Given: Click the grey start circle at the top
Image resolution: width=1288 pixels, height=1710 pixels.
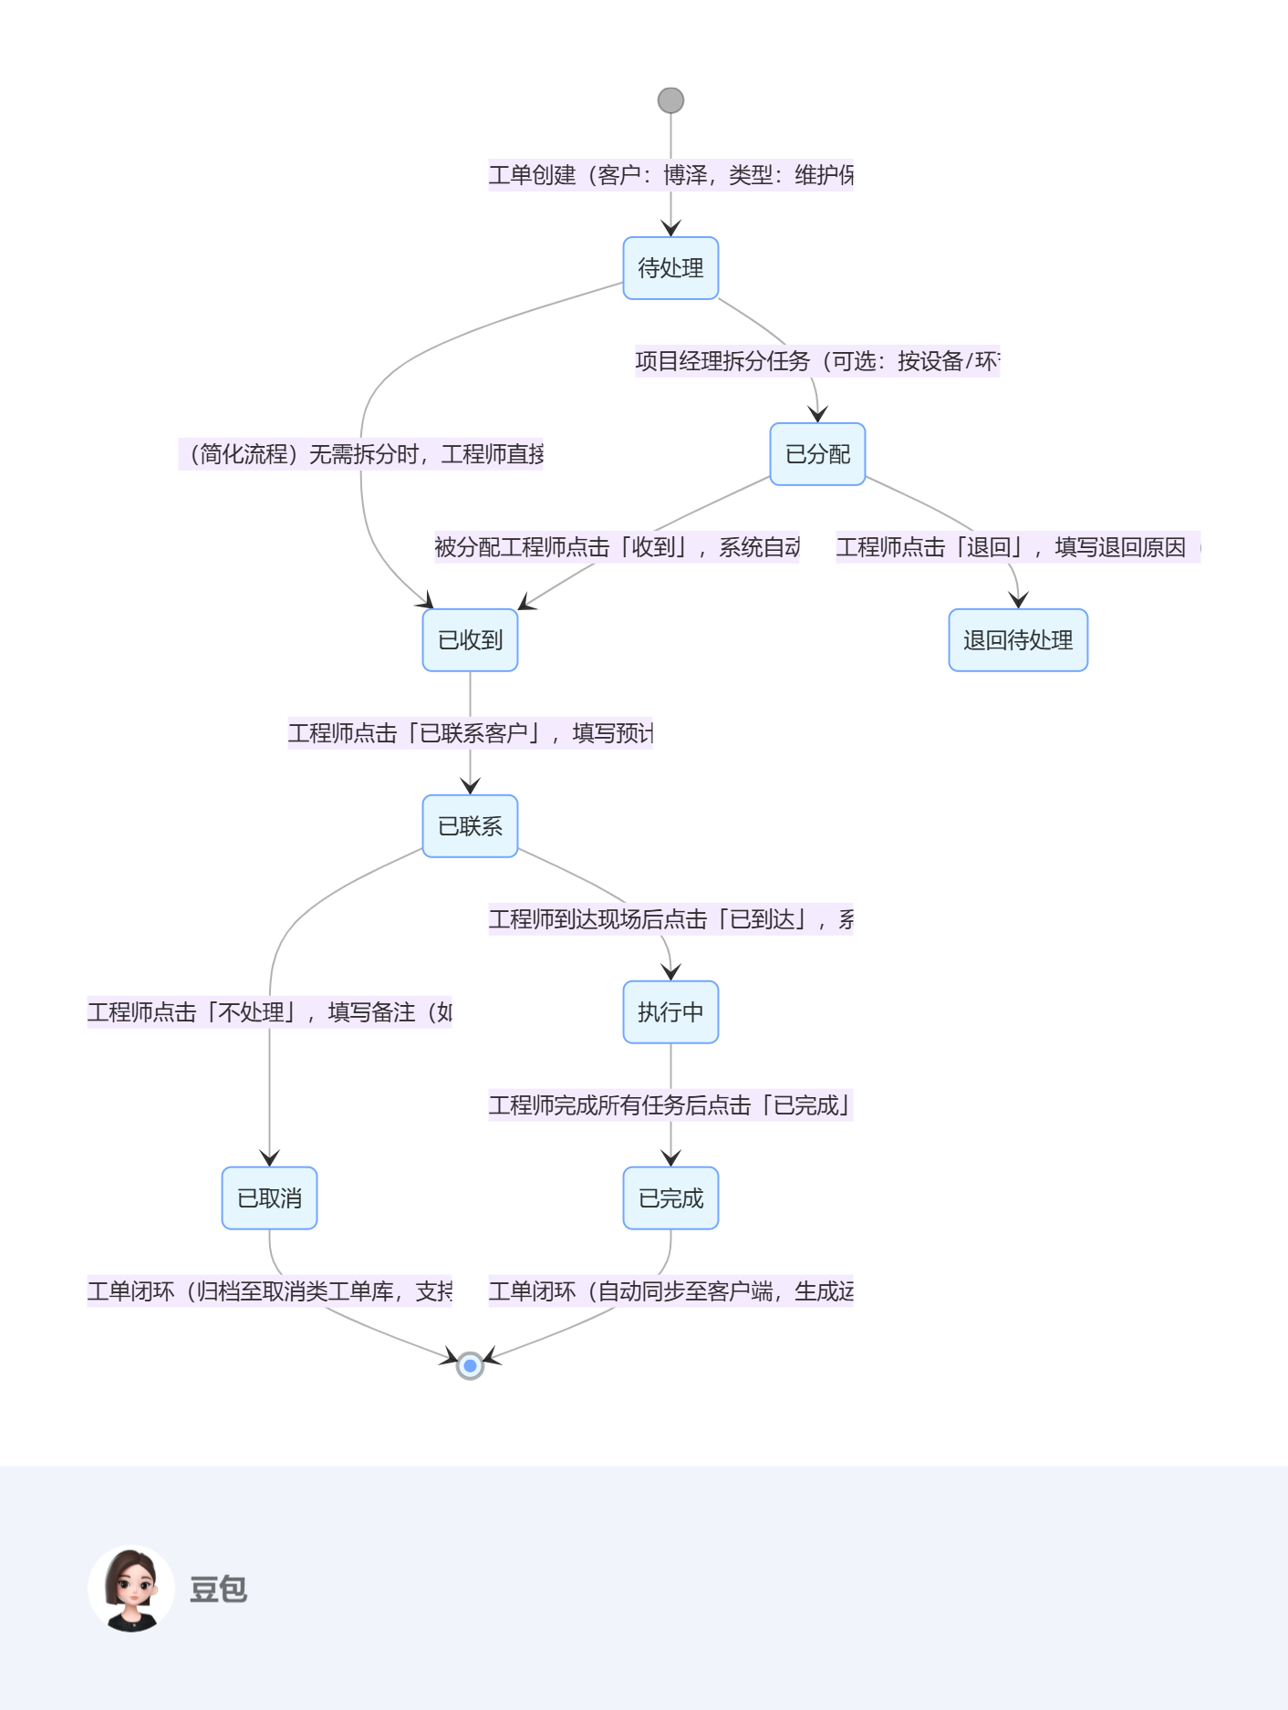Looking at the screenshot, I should (670, 100).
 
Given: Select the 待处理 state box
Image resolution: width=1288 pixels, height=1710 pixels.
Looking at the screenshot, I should (670, 268).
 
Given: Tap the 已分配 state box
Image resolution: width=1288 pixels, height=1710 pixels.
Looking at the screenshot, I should (817, 454).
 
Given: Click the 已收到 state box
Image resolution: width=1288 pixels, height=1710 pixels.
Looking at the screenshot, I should (470, 640).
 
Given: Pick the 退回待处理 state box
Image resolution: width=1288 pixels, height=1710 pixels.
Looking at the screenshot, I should (1018, 640).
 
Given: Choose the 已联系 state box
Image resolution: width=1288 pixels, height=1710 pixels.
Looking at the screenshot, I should (470, 826).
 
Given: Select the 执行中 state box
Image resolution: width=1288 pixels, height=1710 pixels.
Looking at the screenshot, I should (670, 1012).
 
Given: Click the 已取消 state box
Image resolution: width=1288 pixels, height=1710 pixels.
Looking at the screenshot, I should (269, 1198).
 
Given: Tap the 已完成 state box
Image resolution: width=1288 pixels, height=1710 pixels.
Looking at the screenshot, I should (670, 1198).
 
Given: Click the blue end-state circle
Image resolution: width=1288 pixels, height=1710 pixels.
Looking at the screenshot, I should (470, 1365).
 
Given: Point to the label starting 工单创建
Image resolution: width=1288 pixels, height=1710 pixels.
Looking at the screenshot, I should (670, 175).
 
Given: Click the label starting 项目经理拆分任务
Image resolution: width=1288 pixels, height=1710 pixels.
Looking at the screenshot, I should (817, 361).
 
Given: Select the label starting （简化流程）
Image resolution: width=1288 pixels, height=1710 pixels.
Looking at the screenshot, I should (361, 454).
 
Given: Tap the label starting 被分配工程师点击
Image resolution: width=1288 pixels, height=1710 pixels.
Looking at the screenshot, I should (617, 547).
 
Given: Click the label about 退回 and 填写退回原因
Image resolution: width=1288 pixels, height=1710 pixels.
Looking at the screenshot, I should (1018, 547).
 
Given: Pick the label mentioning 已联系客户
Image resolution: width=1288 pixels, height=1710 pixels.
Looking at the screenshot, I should (470, 733).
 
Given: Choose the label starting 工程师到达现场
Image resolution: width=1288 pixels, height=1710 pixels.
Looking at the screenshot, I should (670, 919).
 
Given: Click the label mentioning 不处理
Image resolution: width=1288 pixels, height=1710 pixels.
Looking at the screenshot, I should (269, 1012).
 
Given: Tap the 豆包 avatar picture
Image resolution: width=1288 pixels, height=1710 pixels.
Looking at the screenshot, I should (131, 1588).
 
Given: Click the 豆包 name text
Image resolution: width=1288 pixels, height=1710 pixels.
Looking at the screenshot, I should (218, 1589).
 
